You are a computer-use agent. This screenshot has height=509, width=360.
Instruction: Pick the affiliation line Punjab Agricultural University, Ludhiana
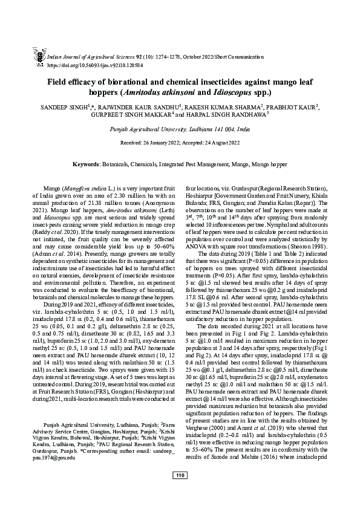coord(180,129)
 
